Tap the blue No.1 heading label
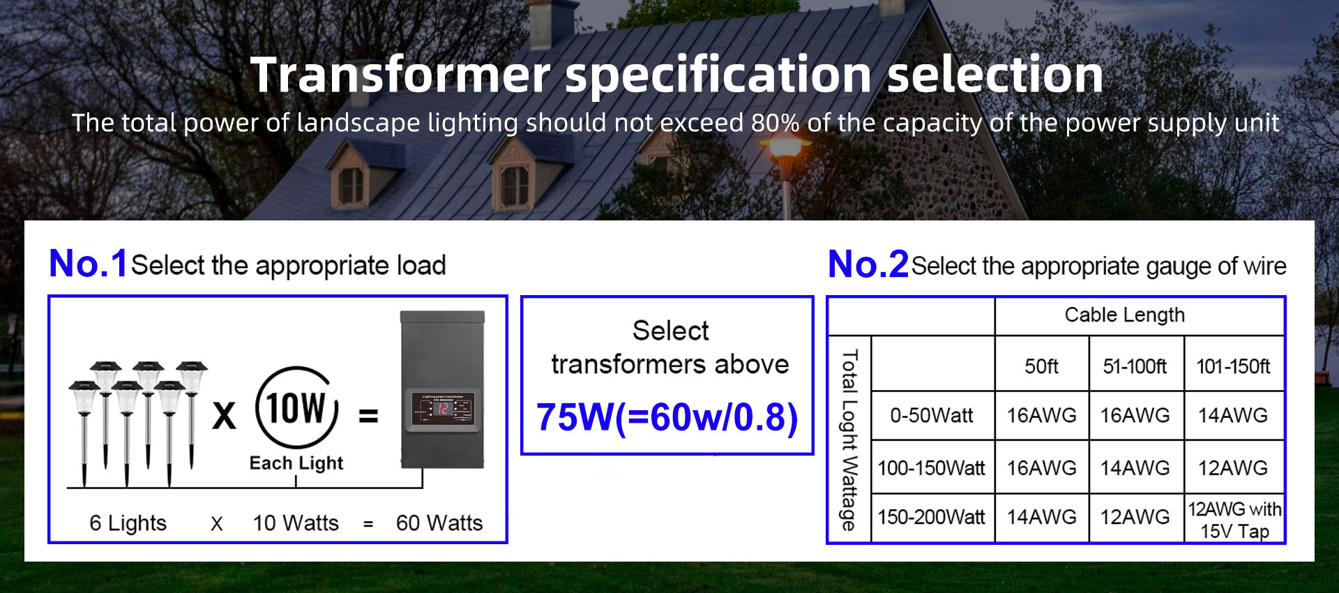88,264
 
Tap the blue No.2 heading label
868,264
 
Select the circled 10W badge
296,407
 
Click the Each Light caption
296,463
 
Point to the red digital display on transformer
442,409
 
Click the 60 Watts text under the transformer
439,523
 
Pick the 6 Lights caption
128,523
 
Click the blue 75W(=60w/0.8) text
667,418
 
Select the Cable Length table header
1124,315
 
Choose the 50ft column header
1041,366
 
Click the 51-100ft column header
1135,366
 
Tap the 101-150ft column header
1233,366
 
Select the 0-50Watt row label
931,416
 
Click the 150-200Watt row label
931,517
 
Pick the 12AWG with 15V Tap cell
1234,520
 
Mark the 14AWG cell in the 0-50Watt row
1233,416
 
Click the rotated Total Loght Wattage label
849,440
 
